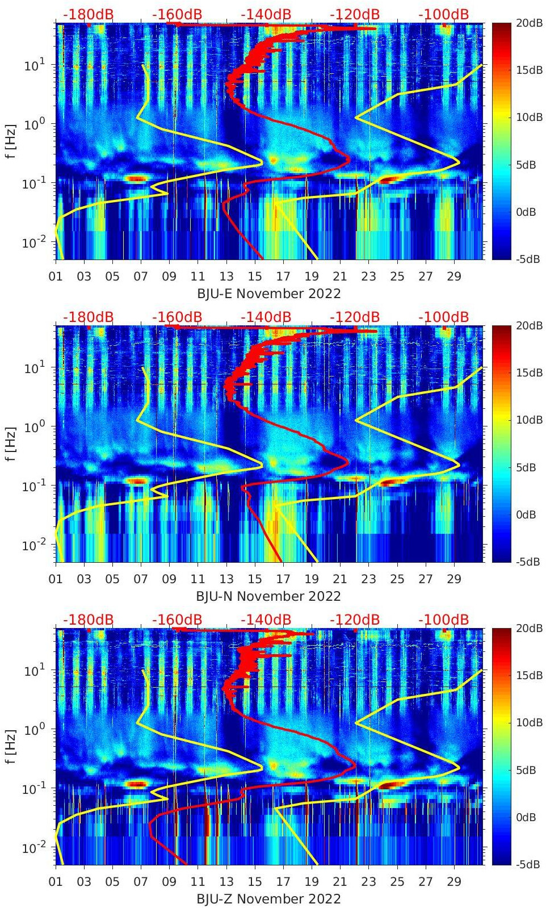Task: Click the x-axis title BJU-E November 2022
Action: [x=268, y=294]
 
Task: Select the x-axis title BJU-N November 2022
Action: [x=268, y=596]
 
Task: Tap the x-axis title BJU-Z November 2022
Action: [x=268, y=899]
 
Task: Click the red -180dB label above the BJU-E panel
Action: [x=88, y=14]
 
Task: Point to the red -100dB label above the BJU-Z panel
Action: [x=443, y=620]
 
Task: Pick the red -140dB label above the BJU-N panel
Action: [x=266, y=317]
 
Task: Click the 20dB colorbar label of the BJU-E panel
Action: [x=529, y=22]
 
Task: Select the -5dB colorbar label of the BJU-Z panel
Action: [x=528, y=864]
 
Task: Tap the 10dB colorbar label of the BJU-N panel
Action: [x=529, y=420]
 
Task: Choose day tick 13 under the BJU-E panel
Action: [x=226, y=277]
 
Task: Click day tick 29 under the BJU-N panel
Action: [x=454, y=579]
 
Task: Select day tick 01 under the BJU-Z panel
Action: [x=56, y=882]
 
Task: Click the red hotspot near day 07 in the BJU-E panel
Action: [x=136, y=178]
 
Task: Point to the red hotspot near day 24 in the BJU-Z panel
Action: [x=391, y=785]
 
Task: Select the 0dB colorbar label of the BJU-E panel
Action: [x=528, y=212]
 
